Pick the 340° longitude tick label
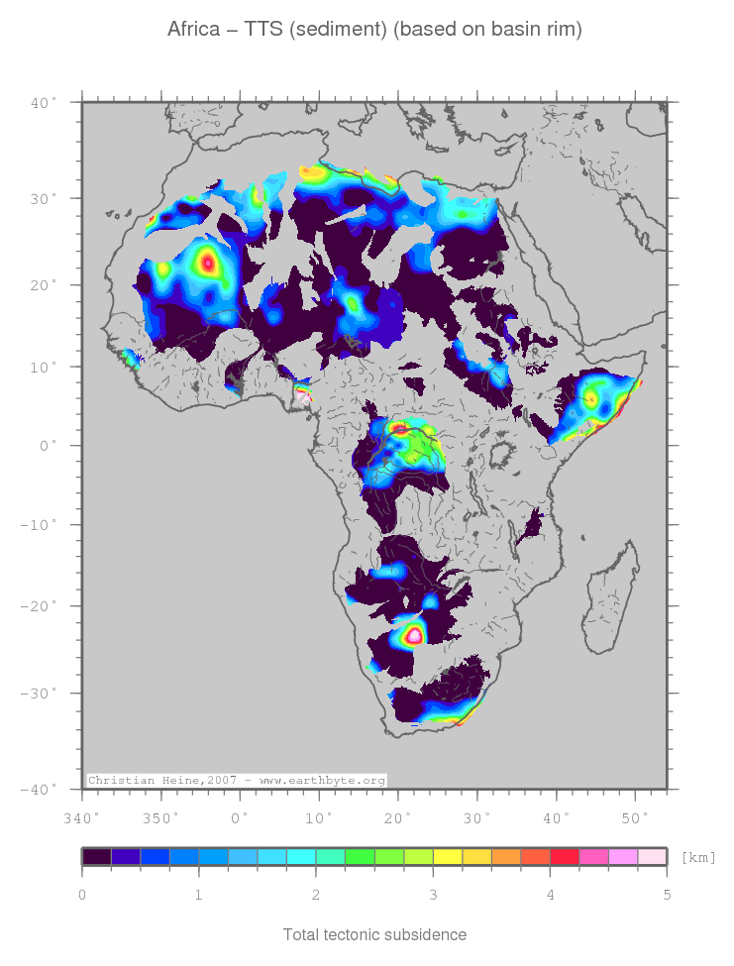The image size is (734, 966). point(81,817)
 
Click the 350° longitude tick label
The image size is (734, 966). point(161,817)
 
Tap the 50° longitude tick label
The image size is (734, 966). point(634,817)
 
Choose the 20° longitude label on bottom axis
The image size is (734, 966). point(398,817)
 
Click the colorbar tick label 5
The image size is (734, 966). point(667,896)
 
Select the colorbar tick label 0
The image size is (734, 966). point(82,896)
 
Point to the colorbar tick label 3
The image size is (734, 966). point(433,896)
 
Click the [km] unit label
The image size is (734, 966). point(698,857)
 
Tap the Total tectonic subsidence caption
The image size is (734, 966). point(374,934)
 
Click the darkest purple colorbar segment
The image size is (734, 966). point(97,857)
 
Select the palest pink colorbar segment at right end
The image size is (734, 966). point(652,857)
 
